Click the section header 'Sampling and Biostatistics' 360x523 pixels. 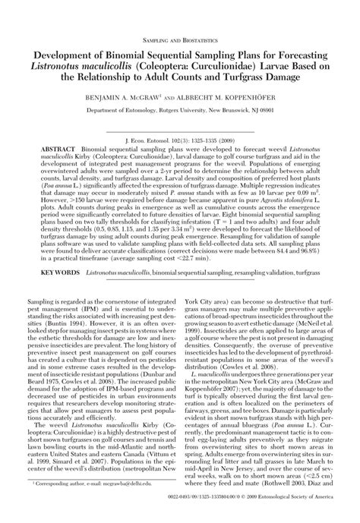(x=181, y=38)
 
